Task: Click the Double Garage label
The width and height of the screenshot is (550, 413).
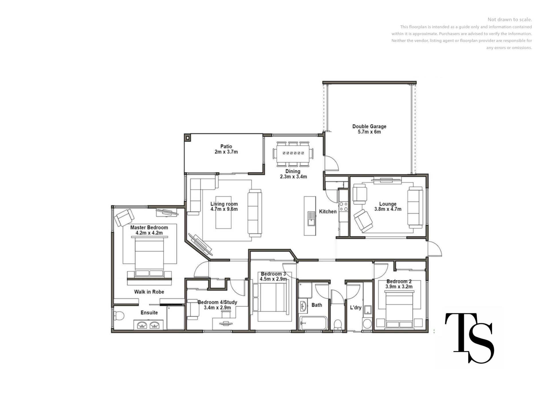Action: point(369,126)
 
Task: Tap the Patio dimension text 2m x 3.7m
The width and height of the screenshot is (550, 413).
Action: point(226,152)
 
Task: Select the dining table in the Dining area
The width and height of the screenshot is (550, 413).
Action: point(293,153)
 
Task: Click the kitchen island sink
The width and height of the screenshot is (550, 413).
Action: point(311,219)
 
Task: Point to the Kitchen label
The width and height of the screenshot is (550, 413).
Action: point(328,211)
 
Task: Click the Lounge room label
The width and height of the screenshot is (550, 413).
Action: point(388,204)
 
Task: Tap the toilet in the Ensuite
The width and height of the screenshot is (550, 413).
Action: point(119,316)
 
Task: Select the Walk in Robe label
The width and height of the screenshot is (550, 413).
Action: point(149,292)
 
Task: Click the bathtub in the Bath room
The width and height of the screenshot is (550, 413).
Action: point(313,323)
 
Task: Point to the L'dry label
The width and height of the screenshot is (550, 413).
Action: point(355,307)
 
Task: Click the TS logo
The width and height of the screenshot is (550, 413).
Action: point(469,338)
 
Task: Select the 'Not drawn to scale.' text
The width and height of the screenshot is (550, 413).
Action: point(510,20)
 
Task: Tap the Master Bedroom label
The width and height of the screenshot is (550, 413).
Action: point(149,227)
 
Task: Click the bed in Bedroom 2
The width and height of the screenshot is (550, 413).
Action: point(399,310)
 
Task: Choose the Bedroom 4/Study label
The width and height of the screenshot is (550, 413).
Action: point(217,302)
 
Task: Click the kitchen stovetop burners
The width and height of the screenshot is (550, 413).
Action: point(343,206)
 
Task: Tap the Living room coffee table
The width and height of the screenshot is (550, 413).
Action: point(223,217)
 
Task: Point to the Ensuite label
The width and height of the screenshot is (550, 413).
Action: point(149,313)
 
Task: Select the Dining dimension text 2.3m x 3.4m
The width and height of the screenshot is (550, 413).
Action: point(293,177)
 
